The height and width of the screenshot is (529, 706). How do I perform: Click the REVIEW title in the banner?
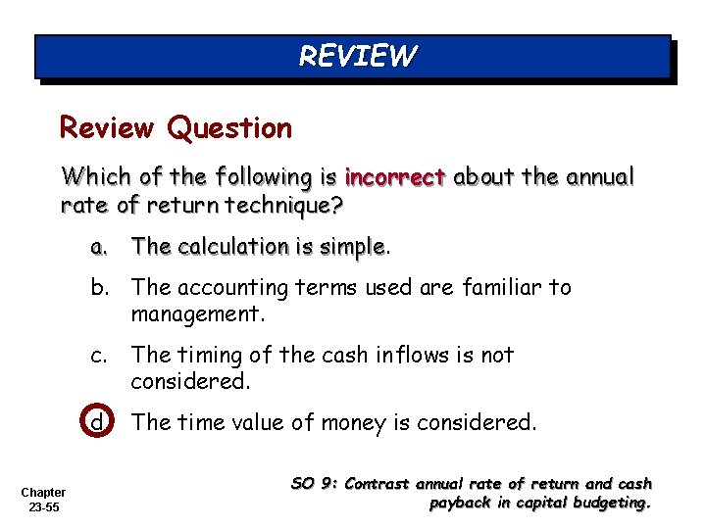click(x=357, y=56)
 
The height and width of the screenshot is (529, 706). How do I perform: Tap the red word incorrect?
click(x=395, y=177)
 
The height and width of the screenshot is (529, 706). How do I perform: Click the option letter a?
click(x=99, y=247)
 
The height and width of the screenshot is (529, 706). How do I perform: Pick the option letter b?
click(x=99, y=287)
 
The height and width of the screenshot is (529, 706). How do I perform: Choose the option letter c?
click(x=99, y=355)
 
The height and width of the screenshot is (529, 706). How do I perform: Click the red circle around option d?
click(x=99, y=422)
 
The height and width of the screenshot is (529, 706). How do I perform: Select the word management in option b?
click(x=196, y=314)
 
